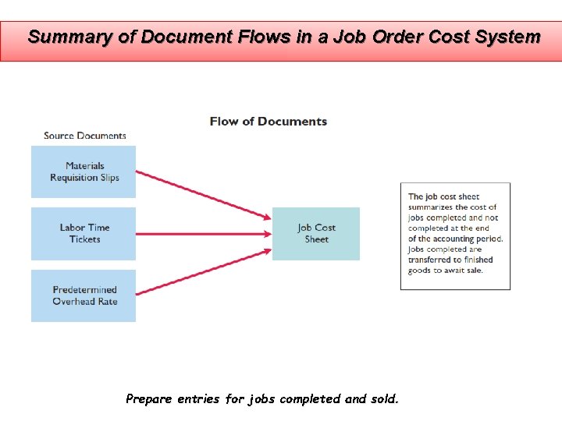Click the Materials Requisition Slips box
coord(84,172)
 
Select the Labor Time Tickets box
coord(84,233)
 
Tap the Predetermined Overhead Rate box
coord(84,295)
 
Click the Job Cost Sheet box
coord(316,233)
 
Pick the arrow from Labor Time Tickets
coord(203,233)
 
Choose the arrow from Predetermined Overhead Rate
coord(203,272)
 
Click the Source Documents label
coord(84,136)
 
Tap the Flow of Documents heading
coord(269,122)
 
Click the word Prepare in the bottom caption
coord(149,399)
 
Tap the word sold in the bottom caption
coord(384,399)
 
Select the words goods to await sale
coord(446,271)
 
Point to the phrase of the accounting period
coord(456,239)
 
